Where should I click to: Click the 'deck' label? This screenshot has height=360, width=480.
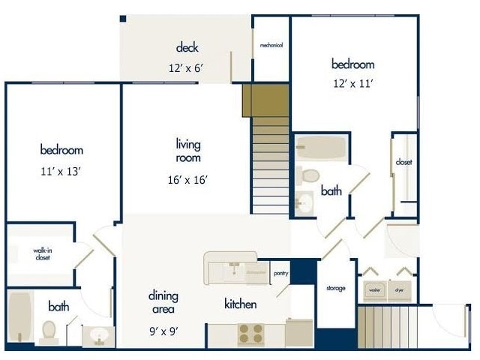coord(187,48)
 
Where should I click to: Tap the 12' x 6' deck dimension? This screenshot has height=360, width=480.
coord(187,67)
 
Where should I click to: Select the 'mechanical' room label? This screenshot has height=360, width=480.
coord(271,45)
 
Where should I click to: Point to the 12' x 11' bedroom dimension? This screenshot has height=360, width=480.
coord(352,83)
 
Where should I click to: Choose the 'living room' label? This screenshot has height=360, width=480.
coord(188,151)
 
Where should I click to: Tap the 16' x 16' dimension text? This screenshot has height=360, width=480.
coord(187,179)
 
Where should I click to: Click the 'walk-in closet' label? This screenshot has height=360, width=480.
coord(42,253)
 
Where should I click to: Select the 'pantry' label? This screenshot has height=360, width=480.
coord(281,273)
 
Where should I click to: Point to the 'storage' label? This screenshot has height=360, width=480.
coord(335,288)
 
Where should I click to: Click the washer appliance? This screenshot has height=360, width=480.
coord(373,289)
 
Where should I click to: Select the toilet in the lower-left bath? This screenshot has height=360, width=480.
coord(49,329)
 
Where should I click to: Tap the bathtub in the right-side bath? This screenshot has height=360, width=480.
coord(320,147)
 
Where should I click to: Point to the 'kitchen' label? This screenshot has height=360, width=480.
coord(241,304)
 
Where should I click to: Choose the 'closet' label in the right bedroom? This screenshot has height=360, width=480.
coord(403,162)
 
